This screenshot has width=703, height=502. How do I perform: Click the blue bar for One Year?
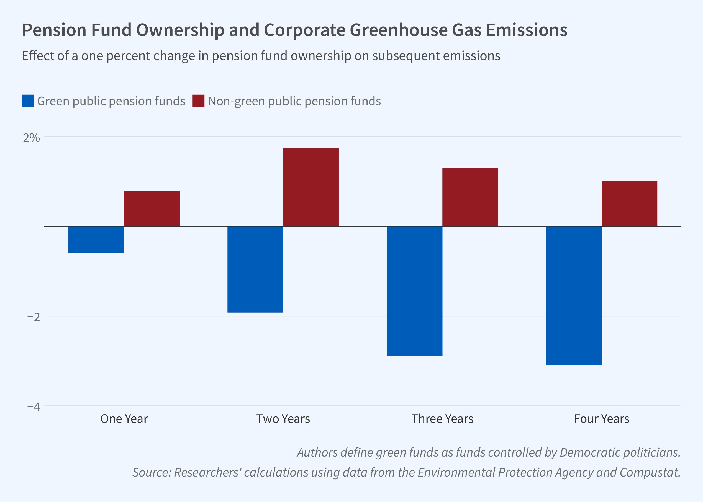click(x=96, y=240)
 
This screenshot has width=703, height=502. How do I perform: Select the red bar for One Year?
click(x=152, y=209)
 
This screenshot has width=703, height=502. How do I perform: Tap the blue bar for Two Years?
click(x=255, y=269)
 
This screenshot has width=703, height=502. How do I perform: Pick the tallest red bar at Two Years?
click(x=311, y=187)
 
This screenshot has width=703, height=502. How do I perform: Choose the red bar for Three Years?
click(x=470, y=197)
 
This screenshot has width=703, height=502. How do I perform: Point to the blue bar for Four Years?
click(x=574, y=296)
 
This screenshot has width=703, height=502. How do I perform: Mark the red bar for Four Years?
click(x=629, y=204)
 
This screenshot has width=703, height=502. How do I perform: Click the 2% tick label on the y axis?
click(x=32, y=138)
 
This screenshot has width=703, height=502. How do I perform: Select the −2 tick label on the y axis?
click(x=34, y=317)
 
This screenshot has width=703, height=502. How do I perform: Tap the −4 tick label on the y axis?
click(x=34, y=406)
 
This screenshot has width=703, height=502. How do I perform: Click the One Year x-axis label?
click(x=124, y=419)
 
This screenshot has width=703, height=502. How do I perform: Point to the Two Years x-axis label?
click(x=283, y=419)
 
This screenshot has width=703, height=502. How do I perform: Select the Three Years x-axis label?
click(x=442, y=419)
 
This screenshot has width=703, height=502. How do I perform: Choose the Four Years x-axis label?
click(x=602, y=419)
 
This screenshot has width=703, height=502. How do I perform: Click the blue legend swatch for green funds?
click(x=27, y=101)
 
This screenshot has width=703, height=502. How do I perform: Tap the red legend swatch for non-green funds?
click(x=198, y=101)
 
